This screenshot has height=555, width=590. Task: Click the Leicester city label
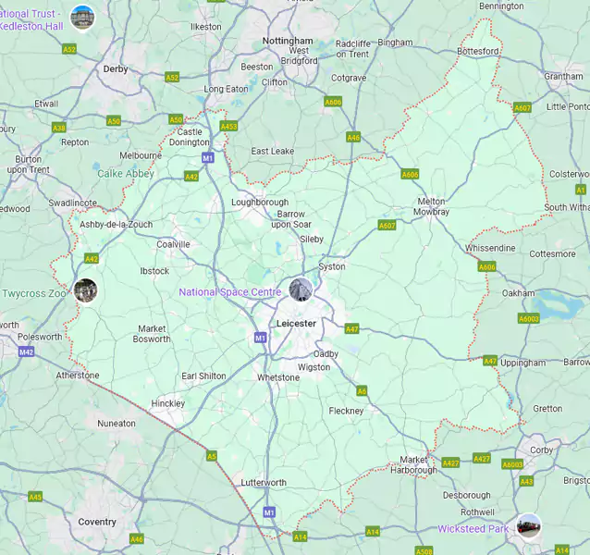point(296,323)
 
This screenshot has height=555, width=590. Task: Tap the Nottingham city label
point(288,42)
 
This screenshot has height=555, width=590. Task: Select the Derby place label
point(116,68)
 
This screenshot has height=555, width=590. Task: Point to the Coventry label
point(97,522)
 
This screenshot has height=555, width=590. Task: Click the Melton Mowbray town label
point(432,206)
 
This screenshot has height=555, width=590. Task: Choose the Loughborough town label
point(260,202)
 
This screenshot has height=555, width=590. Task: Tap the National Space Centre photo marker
point(301,289)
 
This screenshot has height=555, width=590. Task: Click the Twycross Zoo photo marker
point(85,290)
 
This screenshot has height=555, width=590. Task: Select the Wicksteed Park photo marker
point(528,525)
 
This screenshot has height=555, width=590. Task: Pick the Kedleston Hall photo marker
point(82,16)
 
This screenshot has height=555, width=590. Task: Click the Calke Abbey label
point(126,173)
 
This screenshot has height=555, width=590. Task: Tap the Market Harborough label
point(412,464)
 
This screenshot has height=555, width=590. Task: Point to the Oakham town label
point(518,293)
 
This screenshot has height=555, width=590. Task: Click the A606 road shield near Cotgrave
point(333,102)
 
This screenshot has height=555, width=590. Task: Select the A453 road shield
point(228,127)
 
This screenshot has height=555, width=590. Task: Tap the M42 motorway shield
point(26,352)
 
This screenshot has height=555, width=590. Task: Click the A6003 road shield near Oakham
point(528,318)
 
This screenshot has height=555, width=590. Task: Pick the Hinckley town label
point(168,403)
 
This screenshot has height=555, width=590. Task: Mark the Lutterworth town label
point(264,483)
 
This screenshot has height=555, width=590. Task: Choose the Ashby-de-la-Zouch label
point(116,225)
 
